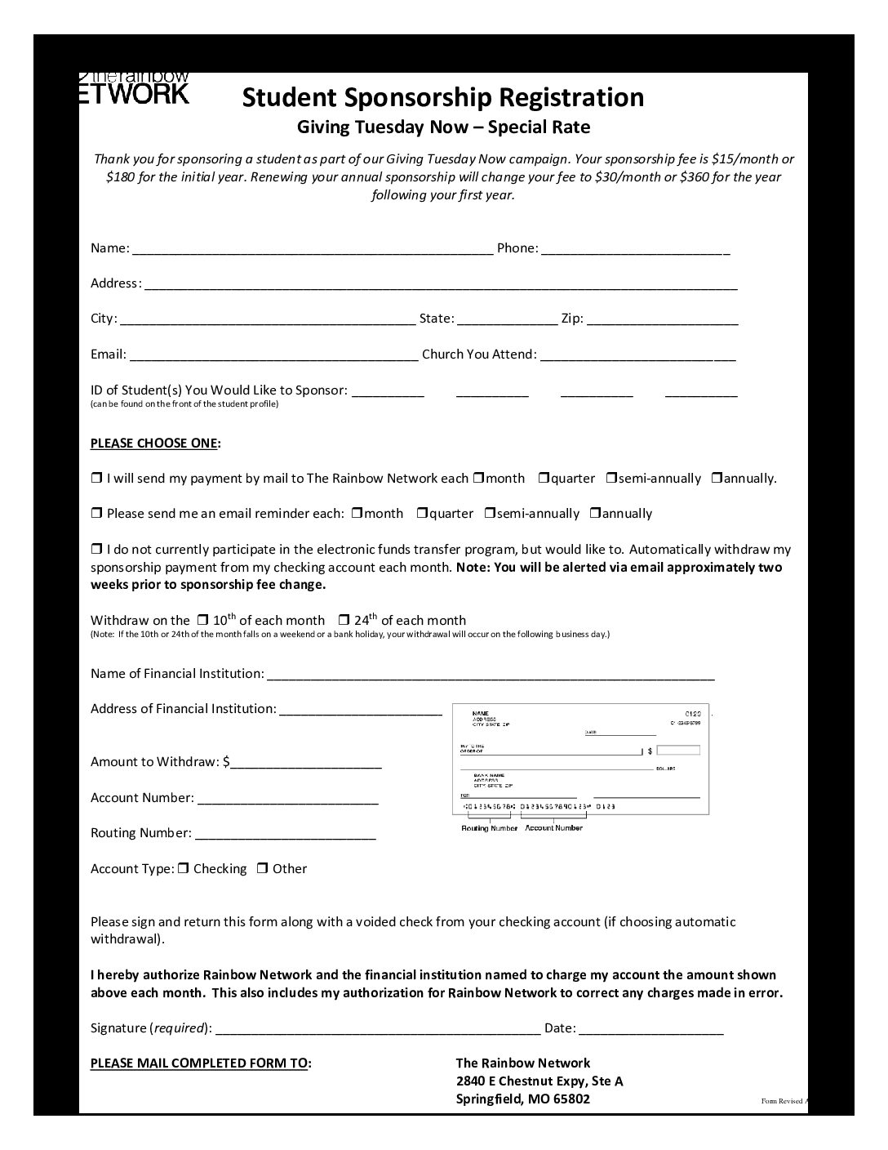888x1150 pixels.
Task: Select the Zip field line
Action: coord(662,319)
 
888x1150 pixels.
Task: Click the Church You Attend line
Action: coord(637,355)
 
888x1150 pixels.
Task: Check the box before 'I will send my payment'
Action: coord(96,479)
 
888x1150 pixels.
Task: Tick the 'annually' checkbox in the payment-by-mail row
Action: coord(717,479)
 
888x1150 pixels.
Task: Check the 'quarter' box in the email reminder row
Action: coord(422,514)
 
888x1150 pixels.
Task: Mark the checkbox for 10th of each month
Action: coord(203,621)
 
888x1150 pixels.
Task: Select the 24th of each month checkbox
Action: coord(344,621)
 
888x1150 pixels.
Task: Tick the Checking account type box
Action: coord(184,869)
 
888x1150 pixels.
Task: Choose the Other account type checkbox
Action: coord(263,869)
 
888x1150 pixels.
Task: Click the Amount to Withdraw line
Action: coord(306,763)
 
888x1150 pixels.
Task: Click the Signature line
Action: coord(377,1029)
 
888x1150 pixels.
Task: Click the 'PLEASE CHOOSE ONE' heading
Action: coord(154,444)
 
